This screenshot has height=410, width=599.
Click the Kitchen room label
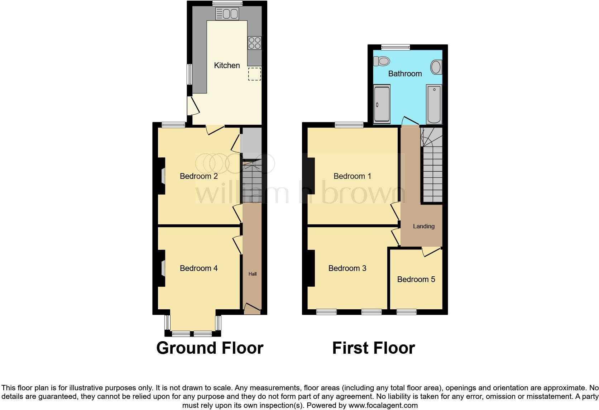click(227, 65)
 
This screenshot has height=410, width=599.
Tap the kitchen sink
click(227, 14)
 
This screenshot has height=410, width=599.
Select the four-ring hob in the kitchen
click(254, 43)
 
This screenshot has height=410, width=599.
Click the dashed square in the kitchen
click(254, 74)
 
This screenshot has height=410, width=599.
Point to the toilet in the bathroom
click(381, 61)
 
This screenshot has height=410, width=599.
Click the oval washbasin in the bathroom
click(436, 67)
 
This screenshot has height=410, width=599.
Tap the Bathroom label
click(405, 73)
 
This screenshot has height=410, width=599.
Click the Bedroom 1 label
click(352, 176)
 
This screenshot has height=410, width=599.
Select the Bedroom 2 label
click(198, 176)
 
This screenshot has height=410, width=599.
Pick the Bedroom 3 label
click(347, 268)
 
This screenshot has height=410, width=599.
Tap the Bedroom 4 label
click(198, 268)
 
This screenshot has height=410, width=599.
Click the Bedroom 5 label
click(416, 279)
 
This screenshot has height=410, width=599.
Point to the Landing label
click(423, 226)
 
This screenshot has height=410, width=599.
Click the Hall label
click(253, 274)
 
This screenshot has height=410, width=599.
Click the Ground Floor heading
click(210, 348)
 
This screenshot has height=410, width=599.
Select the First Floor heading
click(373, 348)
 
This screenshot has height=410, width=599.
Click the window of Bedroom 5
click(406, 312)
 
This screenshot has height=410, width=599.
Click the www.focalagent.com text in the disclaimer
click(383, 406)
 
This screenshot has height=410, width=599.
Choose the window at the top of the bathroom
click(395, 47)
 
